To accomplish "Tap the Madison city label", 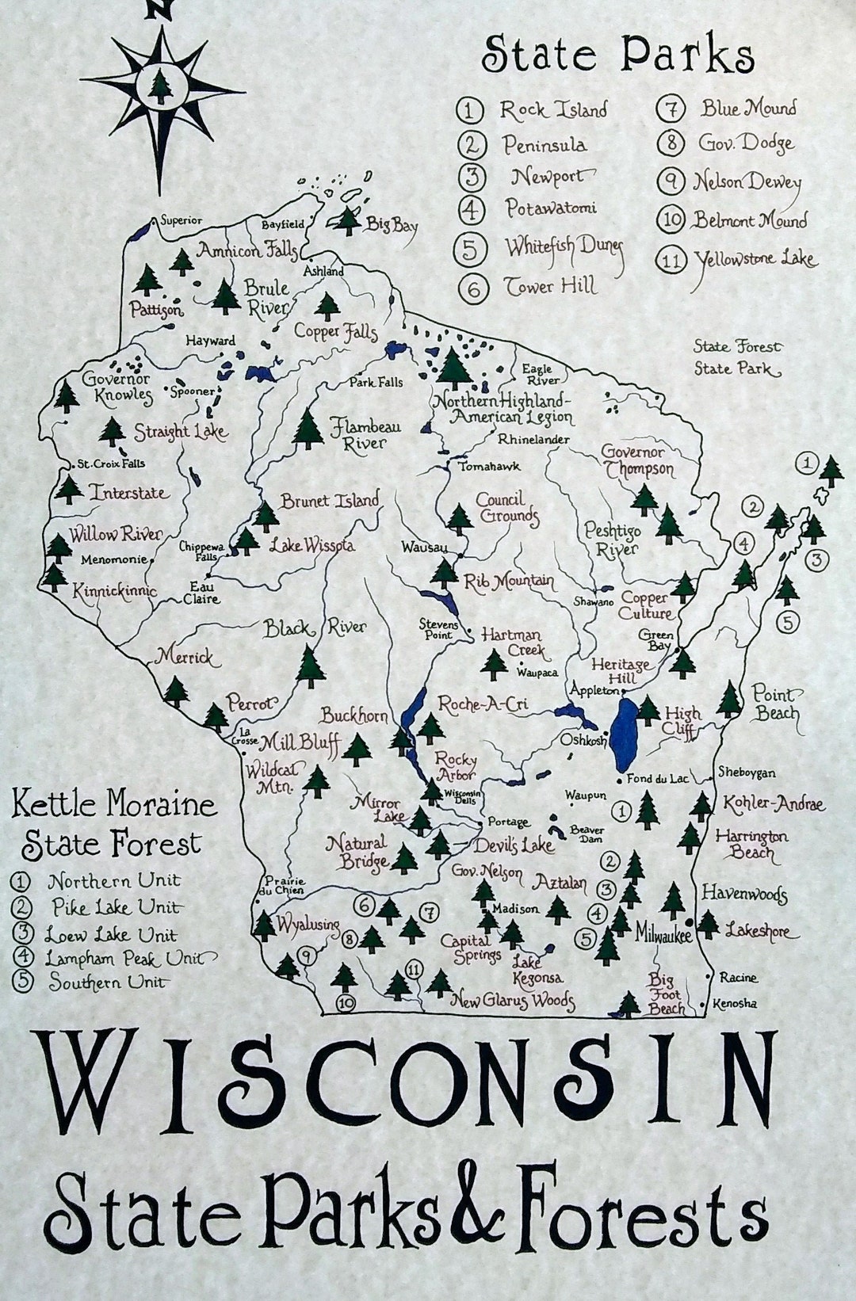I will pos(515,909).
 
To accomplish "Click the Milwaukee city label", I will pos(662,935).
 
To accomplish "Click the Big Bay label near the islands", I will pos(391,225).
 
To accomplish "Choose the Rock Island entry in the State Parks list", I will pos(552,109).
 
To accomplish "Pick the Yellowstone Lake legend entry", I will pos(755,258).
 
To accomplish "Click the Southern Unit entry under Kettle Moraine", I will pos(108,982).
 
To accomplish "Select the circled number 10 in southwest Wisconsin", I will pos(346,1003).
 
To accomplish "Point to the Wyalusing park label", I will pos(308,924).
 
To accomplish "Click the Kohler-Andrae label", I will pos(773,804).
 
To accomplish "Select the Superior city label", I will pos(181,220).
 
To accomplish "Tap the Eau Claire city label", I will pos(202,593).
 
